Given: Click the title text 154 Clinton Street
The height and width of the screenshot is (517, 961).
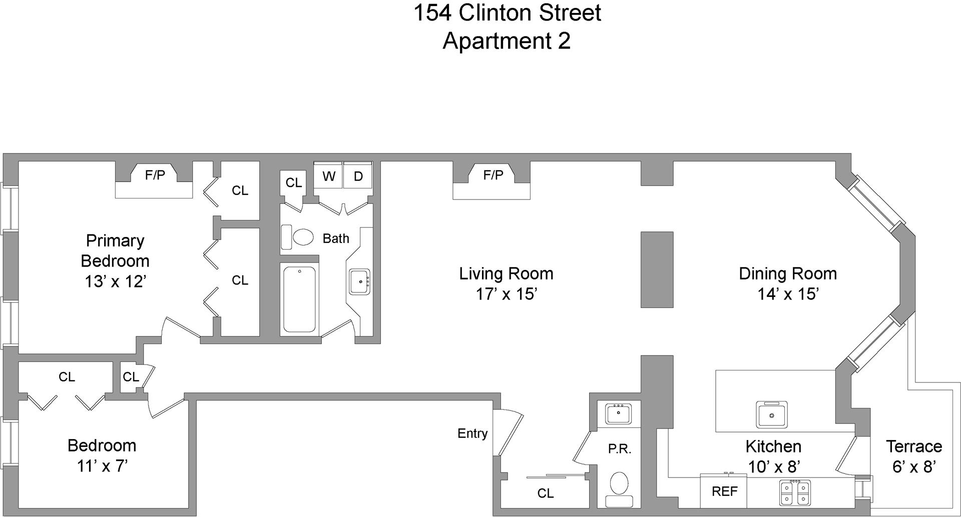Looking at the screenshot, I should [x=507, y=12].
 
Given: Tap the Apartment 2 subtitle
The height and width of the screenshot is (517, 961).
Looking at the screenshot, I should [x=507, y=40].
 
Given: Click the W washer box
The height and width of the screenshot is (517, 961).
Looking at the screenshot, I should [x=328, y=175].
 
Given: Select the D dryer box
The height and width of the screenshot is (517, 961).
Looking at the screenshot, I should [x=358, y=175].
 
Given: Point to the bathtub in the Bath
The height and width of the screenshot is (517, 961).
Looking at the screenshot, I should [x=299, y=299].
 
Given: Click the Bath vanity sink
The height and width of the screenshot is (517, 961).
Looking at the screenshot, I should [x=359, y=282].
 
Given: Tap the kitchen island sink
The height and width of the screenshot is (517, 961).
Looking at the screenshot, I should [x=771, y=414].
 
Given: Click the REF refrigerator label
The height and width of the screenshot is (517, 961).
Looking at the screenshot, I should [x=724, y=491].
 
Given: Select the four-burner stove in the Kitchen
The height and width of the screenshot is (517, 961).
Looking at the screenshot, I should [x=795, y=492].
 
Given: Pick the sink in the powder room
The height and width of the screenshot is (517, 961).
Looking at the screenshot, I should [x=619, y=414].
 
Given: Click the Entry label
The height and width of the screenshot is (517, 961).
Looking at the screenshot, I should [x=472, y=433].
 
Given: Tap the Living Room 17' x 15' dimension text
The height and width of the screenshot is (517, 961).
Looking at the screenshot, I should [x=507, y=294].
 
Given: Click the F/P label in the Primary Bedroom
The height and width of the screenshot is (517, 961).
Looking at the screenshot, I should [x=155, y=175].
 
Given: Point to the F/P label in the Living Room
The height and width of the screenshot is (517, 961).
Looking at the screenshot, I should [x=493, y=175].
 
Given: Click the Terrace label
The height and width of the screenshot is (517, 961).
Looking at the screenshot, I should [x=913, y=446].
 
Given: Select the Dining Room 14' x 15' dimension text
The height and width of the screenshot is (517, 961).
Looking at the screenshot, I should [x=788, y=294].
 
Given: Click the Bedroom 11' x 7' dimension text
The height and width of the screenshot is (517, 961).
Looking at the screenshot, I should [x=102, y=466].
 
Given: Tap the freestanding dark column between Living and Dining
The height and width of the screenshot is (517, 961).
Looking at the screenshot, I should [x=657, y=269].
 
